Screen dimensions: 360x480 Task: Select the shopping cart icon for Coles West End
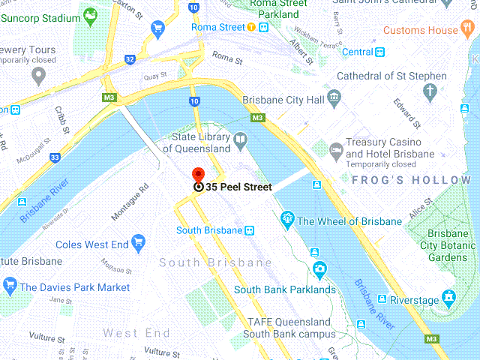click(x=138, y=241)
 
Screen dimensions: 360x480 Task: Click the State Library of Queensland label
click(x=201, y=143)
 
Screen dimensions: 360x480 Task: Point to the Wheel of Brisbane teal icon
click(x=286, y=220)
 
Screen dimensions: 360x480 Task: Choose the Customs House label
click(x=420, y=30)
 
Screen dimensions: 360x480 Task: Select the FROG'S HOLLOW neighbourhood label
click(x=411, y=181)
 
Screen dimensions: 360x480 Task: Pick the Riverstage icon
click(x=449, y=298)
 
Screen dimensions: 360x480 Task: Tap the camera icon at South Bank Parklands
click(x=320, y=268)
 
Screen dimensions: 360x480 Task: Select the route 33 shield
click(x=55, y=157)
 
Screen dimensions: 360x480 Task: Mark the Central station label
click(x=358, y=52)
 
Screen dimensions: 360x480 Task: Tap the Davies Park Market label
click(x=74, y=287)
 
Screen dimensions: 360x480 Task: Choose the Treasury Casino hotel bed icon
click(x=335, y=149)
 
